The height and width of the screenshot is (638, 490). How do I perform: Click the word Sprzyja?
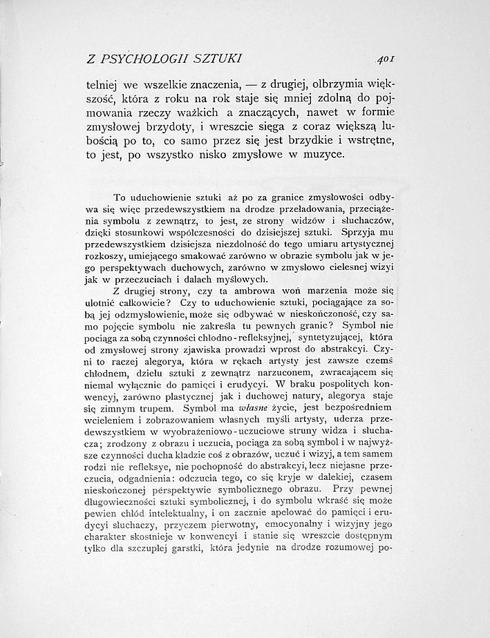354,233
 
